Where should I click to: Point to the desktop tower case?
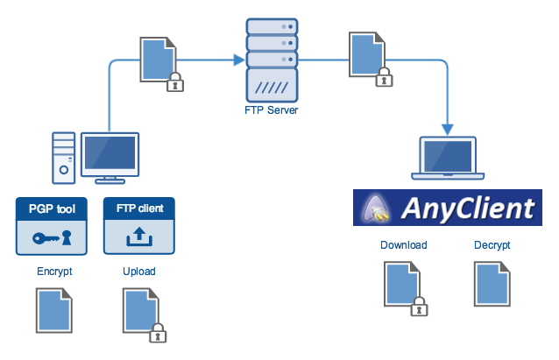(x=64, y=158)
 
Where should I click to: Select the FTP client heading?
(x=139, y=210)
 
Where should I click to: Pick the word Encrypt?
(x=54, y=272)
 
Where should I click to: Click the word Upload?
(x=139, y=272)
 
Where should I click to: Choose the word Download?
(x=404, y=245)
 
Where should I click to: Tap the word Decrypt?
(x=492, y=245)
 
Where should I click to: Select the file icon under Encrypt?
(x=54, y=314)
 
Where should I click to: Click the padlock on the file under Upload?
(x=158, y=333)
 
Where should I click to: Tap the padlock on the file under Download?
(x=420, y=306)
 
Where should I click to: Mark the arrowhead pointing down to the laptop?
(x=449, y=129)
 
